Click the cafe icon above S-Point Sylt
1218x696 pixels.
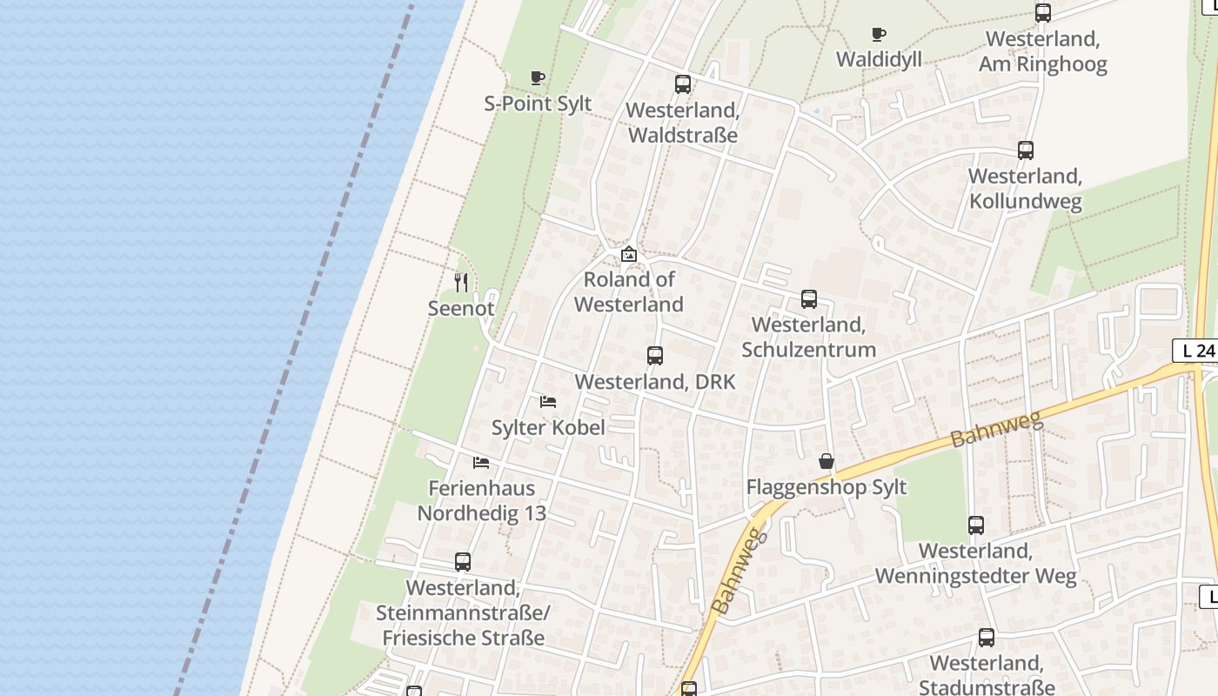pyautogui.click(x=538, y=77)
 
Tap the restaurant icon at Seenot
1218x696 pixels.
pyautogui.click(x=461, y=283)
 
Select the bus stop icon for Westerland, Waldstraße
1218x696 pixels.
pyautogui.click(x=683, y=84)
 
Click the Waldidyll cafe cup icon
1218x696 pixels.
pyautogui.click(x=879, y=35)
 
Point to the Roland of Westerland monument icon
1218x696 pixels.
pyautogui.click(x=629, y=254)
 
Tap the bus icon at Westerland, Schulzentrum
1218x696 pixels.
pyautogui.click(x=809, y=299)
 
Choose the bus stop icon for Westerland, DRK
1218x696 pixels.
pyautogui.click(x=655, y=356)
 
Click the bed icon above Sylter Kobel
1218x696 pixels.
pyautogui.click(x=548, y=401)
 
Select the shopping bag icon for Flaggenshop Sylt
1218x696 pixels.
pyautogui.click(x=826, y=461)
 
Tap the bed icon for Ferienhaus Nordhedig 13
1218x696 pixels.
pyautogui.click(x=481, y=462)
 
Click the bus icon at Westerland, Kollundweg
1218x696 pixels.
pyautogui.click(x=1026, y=151)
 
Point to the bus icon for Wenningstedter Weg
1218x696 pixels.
pyautogui.click(x=976, y=525)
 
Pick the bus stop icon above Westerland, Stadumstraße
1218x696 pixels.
pyautogui.click(x=987, y=638)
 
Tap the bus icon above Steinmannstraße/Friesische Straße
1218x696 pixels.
pyautogui.click(x=463, y=562)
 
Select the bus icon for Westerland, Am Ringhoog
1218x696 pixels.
pyautogui.click(x=1043, y=13)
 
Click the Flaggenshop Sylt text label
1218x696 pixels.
pyautogui.click(x=826, y=487)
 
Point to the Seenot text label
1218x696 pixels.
pyautogui.click(x=461, y=308)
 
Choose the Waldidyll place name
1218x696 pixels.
pyautogui.click(x=879, y=59)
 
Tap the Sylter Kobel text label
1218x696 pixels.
pyautogui.click(x=548, y=427)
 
